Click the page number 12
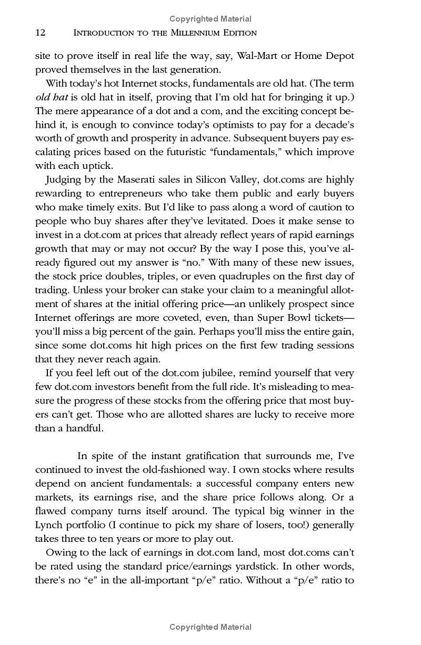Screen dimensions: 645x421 point(41,33)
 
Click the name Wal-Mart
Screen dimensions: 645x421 point(260,56)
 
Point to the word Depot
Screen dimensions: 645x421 point(339,56)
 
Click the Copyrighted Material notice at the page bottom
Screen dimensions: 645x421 point(210,627)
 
